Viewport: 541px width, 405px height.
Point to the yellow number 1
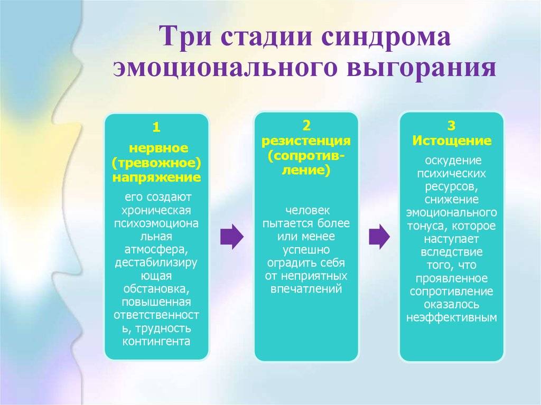tap(156, 128)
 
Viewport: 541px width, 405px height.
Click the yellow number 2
tap(306, 126)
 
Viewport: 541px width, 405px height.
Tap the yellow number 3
tap(451, 126)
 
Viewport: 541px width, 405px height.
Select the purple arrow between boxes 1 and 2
tap(232, 237)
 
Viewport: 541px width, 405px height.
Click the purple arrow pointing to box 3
tap(379, 237)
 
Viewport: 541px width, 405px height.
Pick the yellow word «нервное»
tap(158, 148)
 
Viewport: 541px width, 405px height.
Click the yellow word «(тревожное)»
tap(156, 163)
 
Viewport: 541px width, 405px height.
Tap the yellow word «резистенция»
tap(306, 141)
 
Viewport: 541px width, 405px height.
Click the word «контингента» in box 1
tap(156, 341)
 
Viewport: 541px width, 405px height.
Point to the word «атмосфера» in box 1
tap(156, 249)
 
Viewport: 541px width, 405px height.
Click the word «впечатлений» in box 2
tap(306, 289)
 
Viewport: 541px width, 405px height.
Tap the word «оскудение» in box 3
tap(453, 161)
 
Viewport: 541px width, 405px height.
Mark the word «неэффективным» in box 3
tap(452, 317)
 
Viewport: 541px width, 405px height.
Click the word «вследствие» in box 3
tap(452, 252)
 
